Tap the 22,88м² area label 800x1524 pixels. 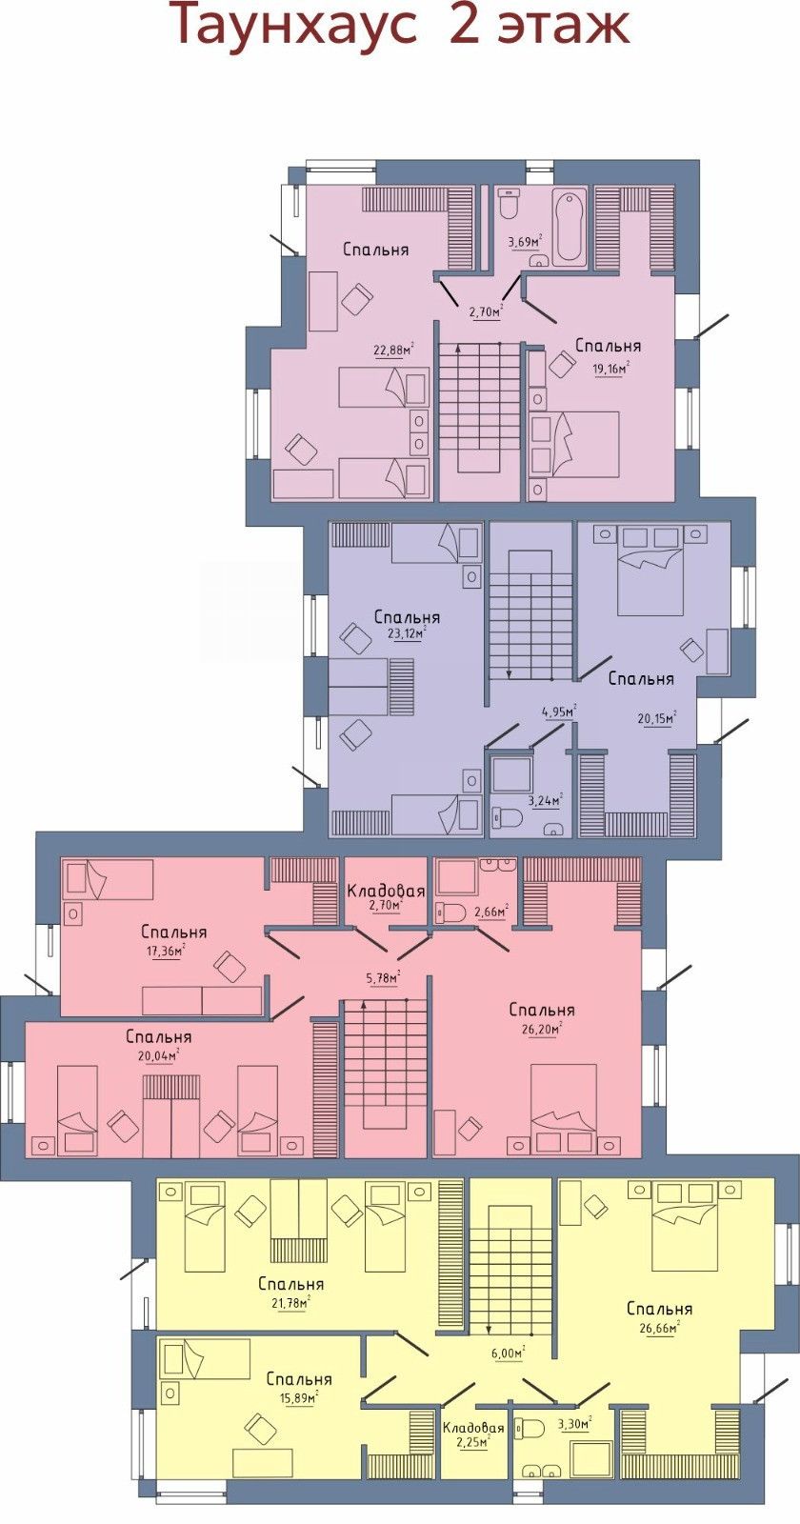[x=394, y=350]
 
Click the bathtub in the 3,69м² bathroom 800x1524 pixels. [x=568, y=229]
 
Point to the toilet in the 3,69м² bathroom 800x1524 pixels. [x=509, y=204]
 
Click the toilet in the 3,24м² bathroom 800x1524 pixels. [x=507, y=815]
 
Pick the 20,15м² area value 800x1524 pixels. [x=656, y=717]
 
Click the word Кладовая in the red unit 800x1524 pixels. [x=386, y=891]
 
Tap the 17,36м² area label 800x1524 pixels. [x=165, y=950]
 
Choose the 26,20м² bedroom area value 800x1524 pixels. [x=539, y=1028]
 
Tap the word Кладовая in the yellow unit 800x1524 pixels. [x=473, y=1427]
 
